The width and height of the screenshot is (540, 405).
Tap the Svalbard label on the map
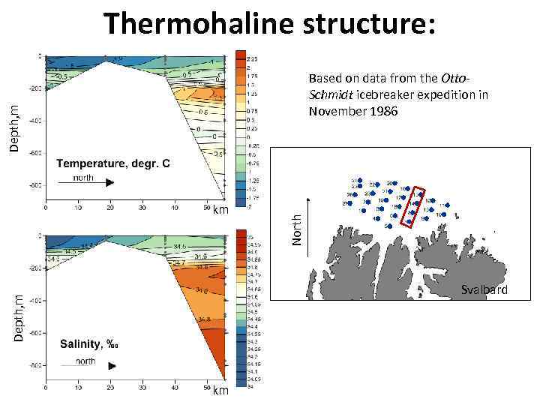[x=484, y=290]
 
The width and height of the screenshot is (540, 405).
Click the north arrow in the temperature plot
[x=94, y=181]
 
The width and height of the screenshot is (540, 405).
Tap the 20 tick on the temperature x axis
[x=110, y=207]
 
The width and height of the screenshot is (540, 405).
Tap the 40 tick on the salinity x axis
[x=175, y=389]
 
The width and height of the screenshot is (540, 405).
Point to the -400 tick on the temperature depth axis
[x=34, y=121]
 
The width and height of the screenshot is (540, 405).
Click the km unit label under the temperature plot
[x=220, y=209]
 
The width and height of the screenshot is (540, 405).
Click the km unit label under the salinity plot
[x=220, y=391]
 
